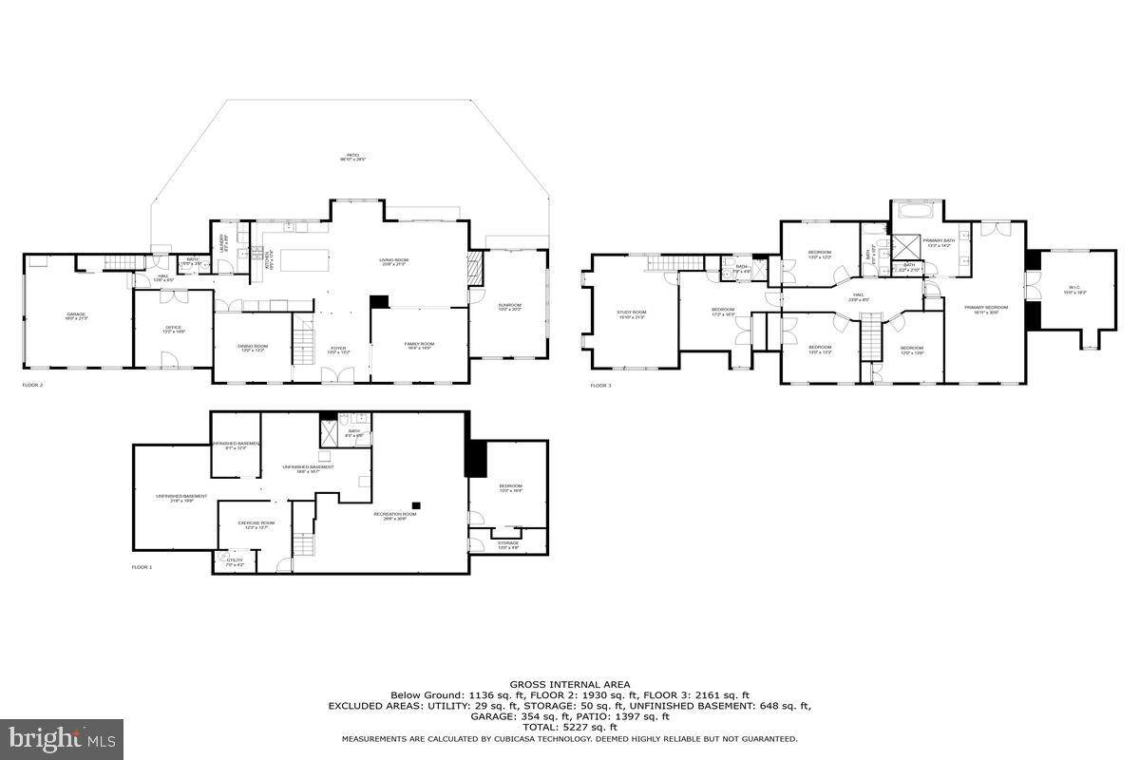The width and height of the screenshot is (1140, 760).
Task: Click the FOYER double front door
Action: [338, 377]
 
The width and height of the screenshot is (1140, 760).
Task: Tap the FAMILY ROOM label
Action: [419, 344]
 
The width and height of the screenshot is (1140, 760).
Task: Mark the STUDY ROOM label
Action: [631, 313]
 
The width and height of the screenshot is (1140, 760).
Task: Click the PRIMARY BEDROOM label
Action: [985, 308]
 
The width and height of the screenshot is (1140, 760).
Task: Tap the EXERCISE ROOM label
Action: [256, 523]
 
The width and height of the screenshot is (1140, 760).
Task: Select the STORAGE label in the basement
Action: [509, 543]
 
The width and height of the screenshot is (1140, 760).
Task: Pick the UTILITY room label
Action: [235, 560]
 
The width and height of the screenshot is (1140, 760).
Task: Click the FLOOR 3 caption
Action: [600, 386]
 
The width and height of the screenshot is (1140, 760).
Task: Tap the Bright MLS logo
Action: [63, 737]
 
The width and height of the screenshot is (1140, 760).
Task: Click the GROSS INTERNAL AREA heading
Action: [569, 684]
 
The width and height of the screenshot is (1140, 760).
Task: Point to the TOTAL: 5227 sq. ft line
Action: [569, 727]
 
